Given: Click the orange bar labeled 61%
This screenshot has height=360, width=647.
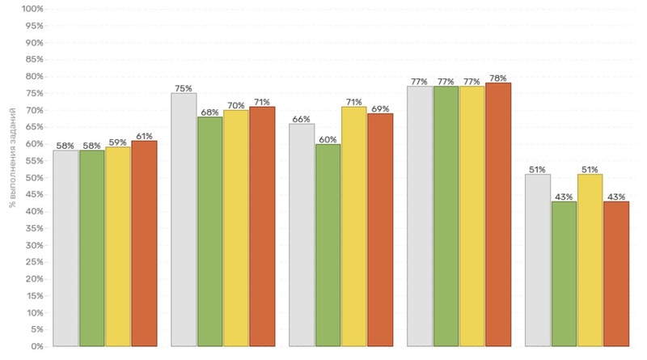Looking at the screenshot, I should pos(144,243).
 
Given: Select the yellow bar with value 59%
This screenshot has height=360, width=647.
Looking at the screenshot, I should pos(118,246).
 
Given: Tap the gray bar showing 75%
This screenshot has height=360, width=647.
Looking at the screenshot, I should pos(184,219).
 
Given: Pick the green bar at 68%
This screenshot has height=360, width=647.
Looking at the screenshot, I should pos(210,231).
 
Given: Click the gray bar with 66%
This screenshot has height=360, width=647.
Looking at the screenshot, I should pos(302,235).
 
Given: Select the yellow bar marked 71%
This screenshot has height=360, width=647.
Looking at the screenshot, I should pos(353,227).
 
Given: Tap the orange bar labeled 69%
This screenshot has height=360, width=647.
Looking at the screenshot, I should pos(380,230).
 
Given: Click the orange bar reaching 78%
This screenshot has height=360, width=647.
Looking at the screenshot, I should pos(498,214).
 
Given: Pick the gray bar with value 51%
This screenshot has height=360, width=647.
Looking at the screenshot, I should pos(538,260).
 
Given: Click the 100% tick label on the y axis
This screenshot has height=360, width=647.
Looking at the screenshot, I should pos(32,9).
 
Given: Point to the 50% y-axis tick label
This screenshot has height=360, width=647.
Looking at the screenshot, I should pos(33,178).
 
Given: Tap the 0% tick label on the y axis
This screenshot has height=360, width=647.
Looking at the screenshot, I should pos(36,346).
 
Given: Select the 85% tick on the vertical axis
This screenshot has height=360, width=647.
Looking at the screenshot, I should pos(33,60).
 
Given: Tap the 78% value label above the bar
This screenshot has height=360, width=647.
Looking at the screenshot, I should pos(498,78).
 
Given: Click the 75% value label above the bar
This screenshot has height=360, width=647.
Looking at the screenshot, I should pos(184,88).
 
